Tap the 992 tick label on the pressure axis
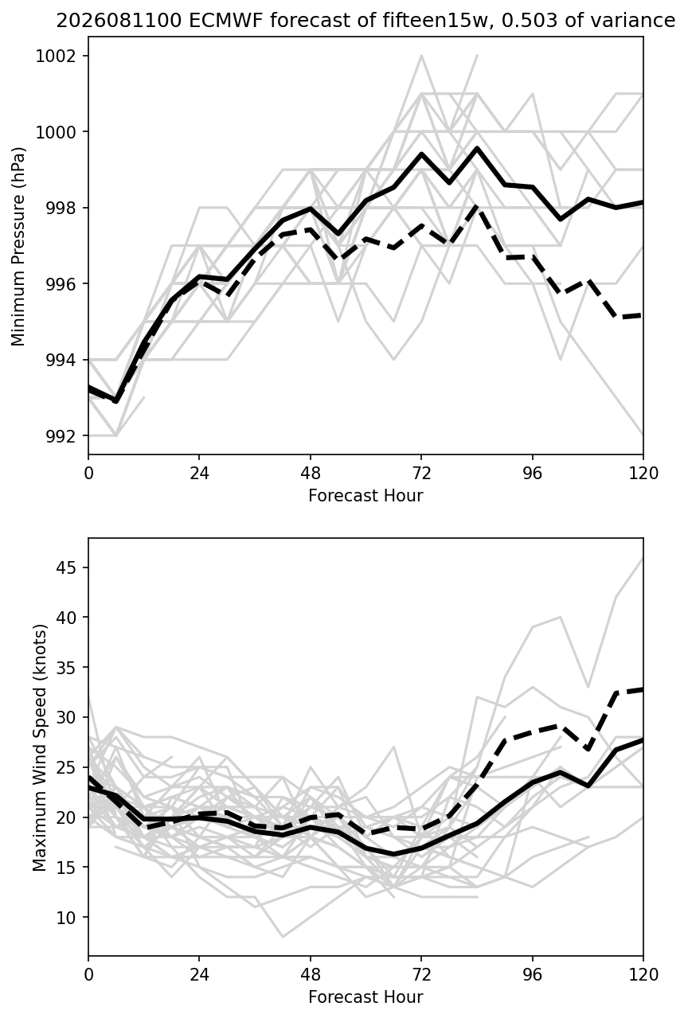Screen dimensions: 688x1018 pyautogui.click(x=61, y=436)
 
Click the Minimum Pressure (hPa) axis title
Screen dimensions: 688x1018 pyautogui.click(x=18, y=246)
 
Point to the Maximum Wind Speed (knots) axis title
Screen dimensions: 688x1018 pyautogui.click(x=40, y=747)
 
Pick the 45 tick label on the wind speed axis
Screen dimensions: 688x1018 pyautogui.click(x=66, y=568)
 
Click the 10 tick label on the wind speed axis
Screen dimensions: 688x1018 pyautogui.click(x=66, y=918)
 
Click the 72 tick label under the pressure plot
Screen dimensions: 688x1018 pyautogui.click(x=421, y=474)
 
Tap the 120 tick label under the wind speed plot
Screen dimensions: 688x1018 pyautogui.click(x=643, y=974)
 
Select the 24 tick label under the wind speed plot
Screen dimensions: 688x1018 pyautogui.click(x=199, y=974)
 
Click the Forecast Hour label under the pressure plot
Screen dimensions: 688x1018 pyautogui.click(x=365, y=495)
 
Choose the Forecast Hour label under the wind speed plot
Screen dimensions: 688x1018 pyautogui.click(x=365, y=997)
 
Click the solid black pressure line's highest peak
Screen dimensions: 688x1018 pyautogui.click(x=477, y=148)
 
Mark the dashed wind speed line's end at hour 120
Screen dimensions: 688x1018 pyautogui.click(x=642, y=689)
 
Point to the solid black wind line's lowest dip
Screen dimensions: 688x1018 pyautogui.click(x=394, y=854)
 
